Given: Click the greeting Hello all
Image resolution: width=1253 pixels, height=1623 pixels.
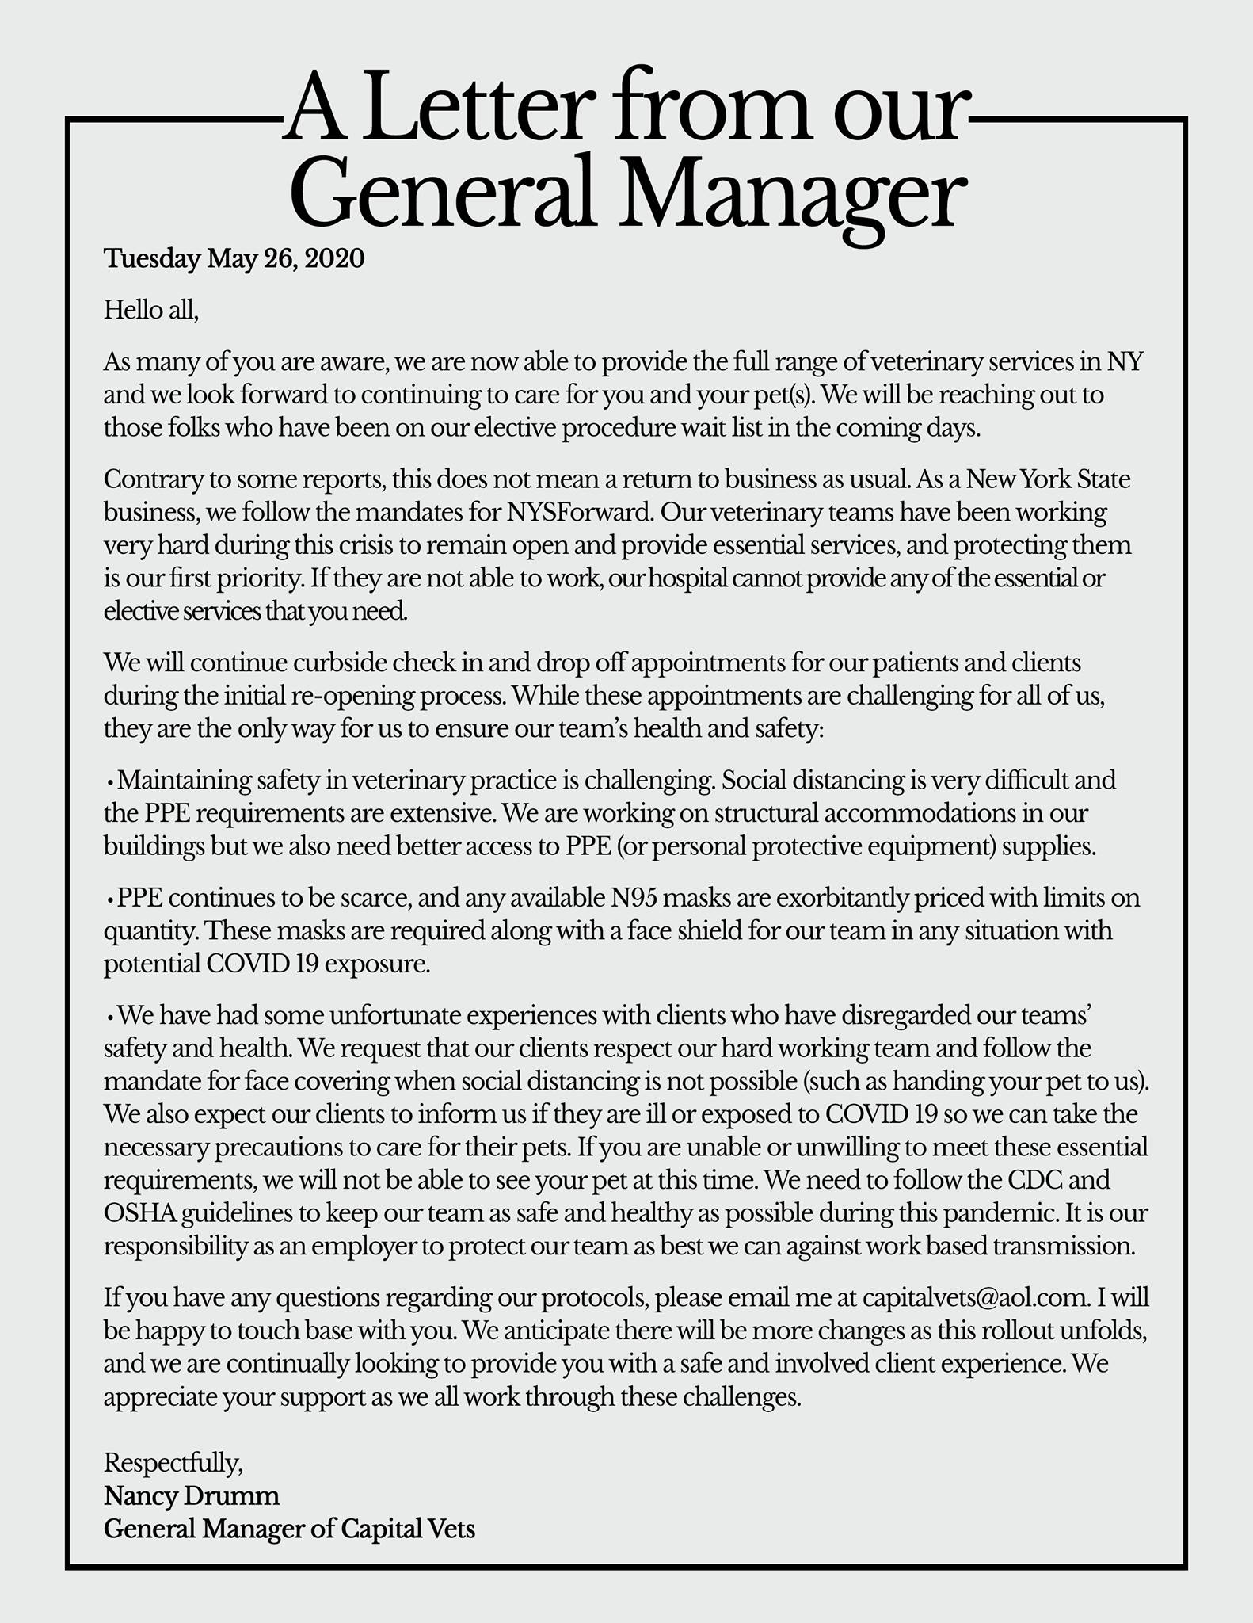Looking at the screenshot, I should [150, 310].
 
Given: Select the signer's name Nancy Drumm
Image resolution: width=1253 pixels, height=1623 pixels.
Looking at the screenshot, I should [192, 1495].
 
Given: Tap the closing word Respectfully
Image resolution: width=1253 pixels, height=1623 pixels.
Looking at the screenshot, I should [173, 1462].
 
